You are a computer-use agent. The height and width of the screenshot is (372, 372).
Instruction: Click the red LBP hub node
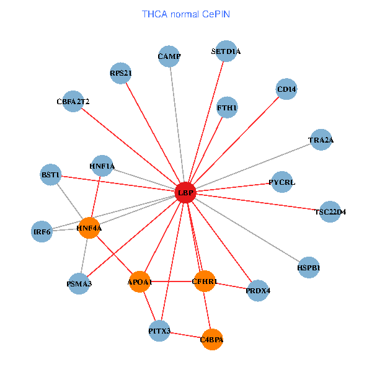(x=185, y=193)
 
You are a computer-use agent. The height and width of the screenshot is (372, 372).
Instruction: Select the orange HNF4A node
(x=89, y=228)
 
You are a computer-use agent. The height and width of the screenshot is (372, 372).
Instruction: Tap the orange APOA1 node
(x=139, y=282)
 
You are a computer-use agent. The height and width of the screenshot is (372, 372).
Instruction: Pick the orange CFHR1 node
(x=205, y=282)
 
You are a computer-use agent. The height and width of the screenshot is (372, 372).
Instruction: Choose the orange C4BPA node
(x=212, y=339)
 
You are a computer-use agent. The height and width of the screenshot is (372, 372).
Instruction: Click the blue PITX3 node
(x=159, y=331)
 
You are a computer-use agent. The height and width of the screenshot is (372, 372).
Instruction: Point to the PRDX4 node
(x=258, y=290)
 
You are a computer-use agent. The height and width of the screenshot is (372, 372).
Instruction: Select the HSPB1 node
(x=309, y=268)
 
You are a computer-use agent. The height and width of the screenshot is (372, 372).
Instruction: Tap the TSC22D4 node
(x=330, y=211)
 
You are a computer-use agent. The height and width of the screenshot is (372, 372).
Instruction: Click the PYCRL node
(x=282, y=182)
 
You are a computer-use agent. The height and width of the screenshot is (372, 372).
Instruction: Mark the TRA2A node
(x=321, y=140)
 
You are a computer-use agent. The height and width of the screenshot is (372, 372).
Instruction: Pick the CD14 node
(x=287, y=89)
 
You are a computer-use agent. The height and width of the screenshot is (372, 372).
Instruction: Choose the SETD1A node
(x=226, y=51)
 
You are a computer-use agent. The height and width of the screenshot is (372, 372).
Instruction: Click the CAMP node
(x=169, y=56)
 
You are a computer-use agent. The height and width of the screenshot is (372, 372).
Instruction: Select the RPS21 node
(x=121, y=73)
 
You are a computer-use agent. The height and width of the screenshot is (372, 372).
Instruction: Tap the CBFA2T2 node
(x=73, y=100)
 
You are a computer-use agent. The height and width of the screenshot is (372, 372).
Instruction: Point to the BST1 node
(x=50, y=175)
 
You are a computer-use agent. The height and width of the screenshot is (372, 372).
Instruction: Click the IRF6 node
(x=42, y=232)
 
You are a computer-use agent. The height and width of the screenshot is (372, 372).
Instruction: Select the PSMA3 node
(x=79, y=284)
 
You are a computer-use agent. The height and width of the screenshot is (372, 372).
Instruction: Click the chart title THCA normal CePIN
(x=186, y=14)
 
